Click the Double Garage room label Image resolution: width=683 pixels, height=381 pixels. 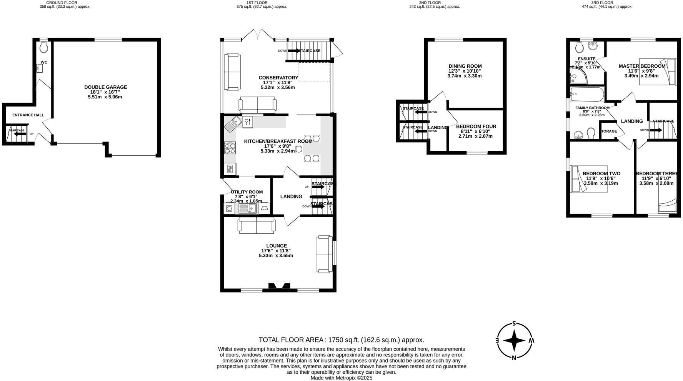(105, 87)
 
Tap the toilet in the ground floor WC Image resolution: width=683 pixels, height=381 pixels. (44, 47)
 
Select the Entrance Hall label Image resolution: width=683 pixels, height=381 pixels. (28, 115)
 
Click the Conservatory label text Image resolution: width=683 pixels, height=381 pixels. (278, 78)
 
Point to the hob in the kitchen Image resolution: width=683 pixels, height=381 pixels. (230, 148)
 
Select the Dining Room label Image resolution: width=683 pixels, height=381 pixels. (465, 66)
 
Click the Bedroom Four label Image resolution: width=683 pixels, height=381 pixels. (476, 126)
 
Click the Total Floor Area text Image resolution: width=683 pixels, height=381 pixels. (341, 340)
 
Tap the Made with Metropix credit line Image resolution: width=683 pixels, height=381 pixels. (341, 378)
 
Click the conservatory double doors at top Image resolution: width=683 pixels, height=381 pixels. (258, 35)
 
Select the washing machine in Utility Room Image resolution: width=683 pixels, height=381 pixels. (229, 209)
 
